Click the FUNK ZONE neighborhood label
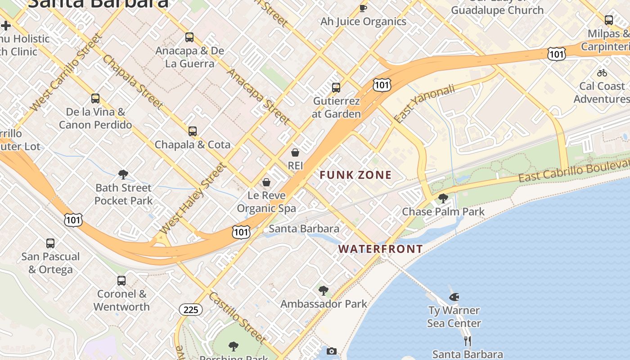click(x=355, y=175)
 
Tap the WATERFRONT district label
click(x=381, y=249)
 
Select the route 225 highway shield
click(x=191, y=310)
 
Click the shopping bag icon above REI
click(x=295, y=153)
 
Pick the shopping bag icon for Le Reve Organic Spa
click(x=266, y=182)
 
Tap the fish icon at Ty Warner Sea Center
click(x=454, y=297)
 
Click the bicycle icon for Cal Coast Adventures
click(x=602, y=73)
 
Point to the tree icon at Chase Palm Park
click(x=443, y=198)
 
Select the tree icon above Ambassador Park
click(x=323, y=291)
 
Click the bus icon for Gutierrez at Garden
click(x=336, y=88)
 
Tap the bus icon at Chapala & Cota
click(x=193, y=131)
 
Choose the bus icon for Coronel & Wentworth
click(x=121, y=281)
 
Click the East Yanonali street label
click(x=424, y=103)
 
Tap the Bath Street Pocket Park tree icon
click(x=123, y=175)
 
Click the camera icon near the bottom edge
click(x=332, y=351)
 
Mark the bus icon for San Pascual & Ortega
click(x=50, y=243)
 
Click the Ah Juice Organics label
click(x=363, y=22)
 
